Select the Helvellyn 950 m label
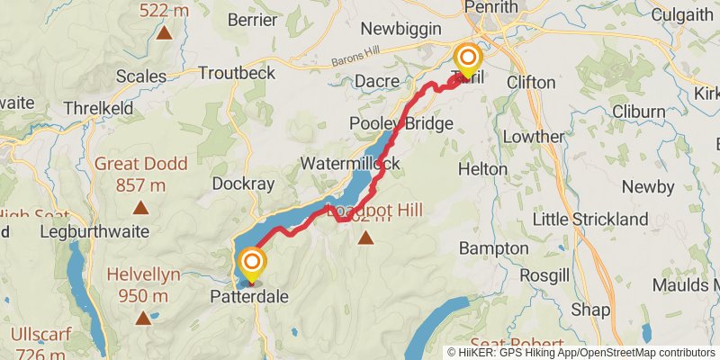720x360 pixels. tap(144, 285)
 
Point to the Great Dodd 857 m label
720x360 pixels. tap(141, 175)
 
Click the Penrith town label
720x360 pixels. tap(491, 8)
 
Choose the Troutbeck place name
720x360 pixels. tap(237, 73)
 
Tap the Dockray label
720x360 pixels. tap(241, 183)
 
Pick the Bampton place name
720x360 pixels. tap(493, 247)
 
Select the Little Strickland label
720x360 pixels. tap(590, 219)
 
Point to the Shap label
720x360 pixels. tap(590, 310)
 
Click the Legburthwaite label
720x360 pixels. tap(94, 230)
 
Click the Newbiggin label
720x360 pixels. tap(398, 30)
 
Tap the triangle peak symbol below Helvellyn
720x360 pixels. tap(143, 317)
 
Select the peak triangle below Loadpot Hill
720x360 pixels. tap(365, 238)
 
